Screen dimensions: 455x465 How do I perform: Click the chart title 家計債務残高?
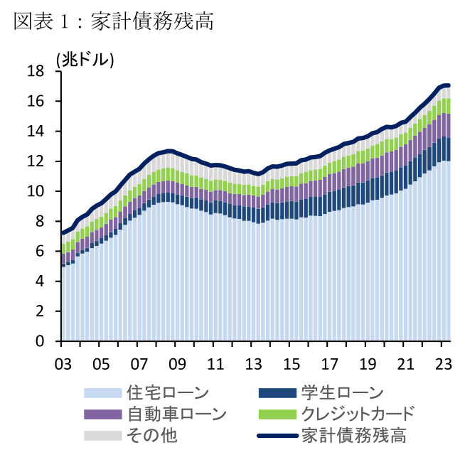[114, 21]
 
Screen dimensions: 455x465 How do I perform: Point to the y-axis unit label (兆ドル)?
[85, 59]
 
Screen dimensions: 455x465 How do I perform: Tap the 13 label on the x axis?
[253, 363]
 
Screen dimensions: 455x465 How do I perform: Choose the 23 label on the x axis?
[442, 363]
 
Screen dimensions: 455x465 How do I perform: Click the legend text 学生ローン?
[342, 392]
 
